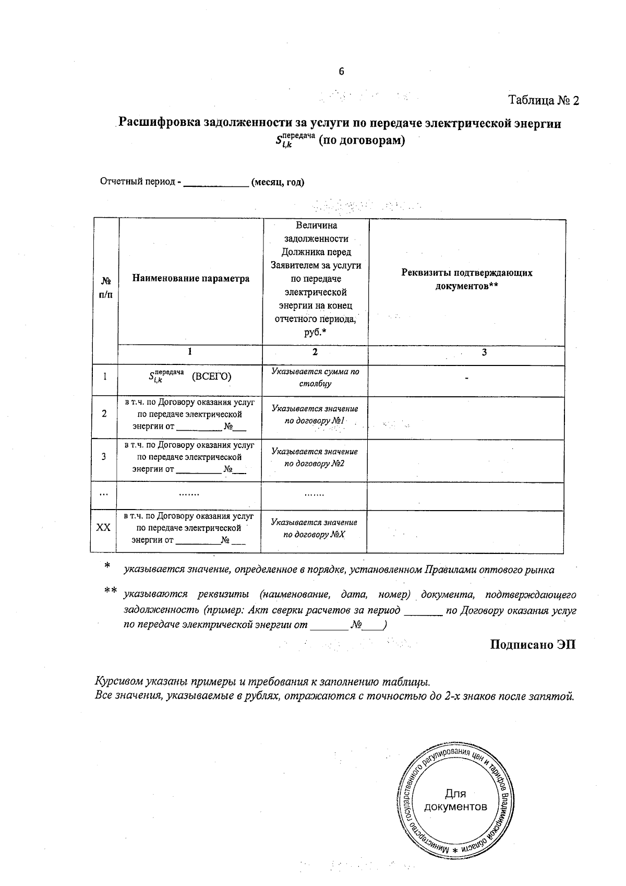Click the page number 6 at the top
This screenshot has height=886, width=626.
point(341,72)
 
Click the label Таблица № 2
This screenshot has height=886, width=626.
point(544,100)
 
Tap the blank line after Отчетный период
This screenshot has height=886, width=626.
point(216,183)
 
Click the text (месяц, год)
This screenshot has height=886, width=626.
point(278,182)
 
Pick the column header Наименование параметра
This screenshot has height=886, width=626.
point(190,278)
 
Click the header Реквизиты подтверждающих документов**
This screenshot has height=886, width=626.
point(467,279)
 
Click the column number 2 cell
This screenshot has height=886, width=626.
point(315,352)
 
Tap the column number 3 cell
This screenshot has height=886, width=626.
point(484,352)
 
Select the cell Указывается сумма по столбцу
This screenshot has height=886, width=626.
point(315,377)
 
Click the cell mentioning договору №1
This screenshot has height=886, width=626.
point(315,415)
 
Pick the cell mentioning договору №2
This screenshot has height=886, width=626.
point(315,457)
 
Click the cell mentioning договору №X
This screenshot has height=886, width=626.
point(314,528)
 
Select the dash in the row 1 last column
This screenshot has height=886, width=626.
point(467,377)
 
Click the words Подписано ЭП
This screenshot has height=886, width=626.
point(533,644)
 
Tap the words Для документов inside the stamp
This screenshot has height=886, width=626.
point(455,800)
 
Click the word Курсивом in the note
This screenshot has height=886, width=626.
point(119,682)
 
